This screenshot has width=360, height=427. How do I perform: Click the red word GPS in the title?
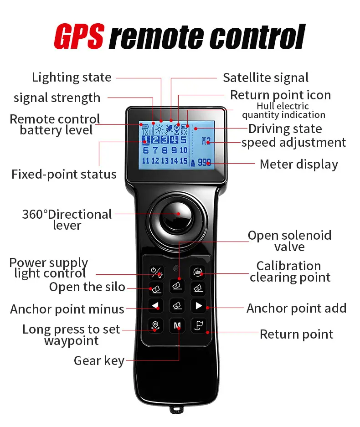point(79,36)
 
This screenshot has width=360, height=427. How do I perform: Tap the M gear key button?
point(177,325)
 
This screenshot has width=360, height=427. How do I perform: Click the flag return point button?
point(199,325)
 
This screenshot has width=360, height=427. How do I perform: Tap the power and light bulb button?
point(156,272)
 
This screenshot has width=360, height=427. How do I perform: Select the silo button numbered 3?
point(198,288)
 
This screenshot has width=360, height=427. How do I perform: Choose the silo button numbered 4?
point(177,305)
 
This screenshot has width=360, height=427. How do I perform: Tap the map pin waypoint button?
point(155,325)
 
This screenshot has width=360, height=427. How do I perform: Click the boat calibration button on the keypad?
point(197,272)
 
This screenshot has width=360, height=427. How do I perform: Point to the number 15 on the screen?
point(184,161)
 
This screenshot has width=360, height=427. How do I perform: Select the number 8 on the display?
point(165,150)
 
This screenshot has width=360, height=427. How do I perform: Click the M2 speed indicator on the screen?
point(206,141)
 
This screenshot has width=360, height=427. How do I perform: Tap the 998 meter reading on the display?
point(204,163)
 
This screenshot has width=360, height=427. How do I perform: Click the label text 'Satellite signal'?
point(266,77)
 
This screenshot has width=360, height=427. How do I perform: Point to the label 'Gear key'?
point(99,360)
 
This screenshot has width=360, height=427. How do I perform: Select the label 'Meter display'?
point(299,164)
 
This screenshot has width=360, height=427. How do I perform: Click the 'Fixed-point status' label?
point(64,174)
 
